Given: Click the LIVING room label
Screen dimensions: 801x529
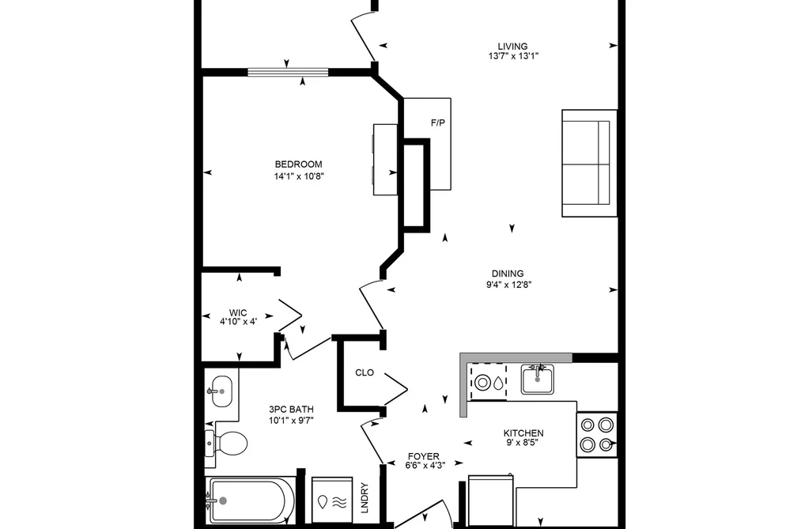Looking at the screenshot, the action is point(513,47).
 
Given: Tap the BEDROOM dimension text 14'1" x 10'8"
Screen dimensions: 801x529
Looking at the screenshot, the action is point(299,176).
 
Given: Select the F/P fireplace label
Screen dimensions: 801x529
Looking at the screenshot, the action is point(438,123).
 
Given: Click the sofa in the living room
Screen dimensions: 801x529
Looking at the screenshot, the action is point(589,163).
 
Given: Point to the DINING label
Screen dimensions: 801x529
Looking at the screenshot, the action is point(508,274).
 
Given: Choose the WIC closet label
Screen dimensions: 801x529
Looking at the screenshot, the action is point(238,313).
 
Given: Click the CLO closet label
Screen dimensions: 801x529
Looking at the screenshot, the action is point(365,372).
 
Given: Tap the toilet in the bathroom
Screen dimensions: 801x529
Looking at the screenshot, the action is point(226,442).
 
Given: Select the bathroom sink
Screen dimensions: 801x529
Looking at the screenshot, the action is point(221,391).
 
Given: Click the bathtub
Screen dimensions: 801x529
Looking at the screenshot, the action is point(251,501).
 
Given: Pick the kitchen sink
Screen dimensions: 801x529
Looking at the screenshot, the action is point(538,379).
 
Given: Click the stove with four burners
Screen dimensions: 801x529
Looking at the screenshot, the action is point(597,435).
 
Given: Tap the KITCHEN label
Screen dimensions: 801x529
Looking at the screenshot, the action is point(523,433).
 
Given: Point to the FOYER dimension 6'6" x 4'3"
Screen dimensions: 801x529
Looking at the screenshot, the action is point(424,465).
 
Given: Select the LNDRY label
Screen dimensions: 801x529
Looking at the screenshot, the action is point(365,497).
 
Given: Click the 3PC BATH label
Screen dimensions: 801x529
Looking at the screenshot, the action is point(291,409).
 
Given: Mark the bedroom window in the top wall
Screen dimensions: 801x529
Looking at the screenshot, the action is point(288,72).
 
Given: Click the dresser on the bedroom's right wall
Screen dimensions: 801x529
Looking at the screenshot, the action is point(385,159).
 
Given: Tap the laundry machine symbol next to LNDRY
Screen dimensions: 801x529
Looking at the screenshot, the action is point(332,500).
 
